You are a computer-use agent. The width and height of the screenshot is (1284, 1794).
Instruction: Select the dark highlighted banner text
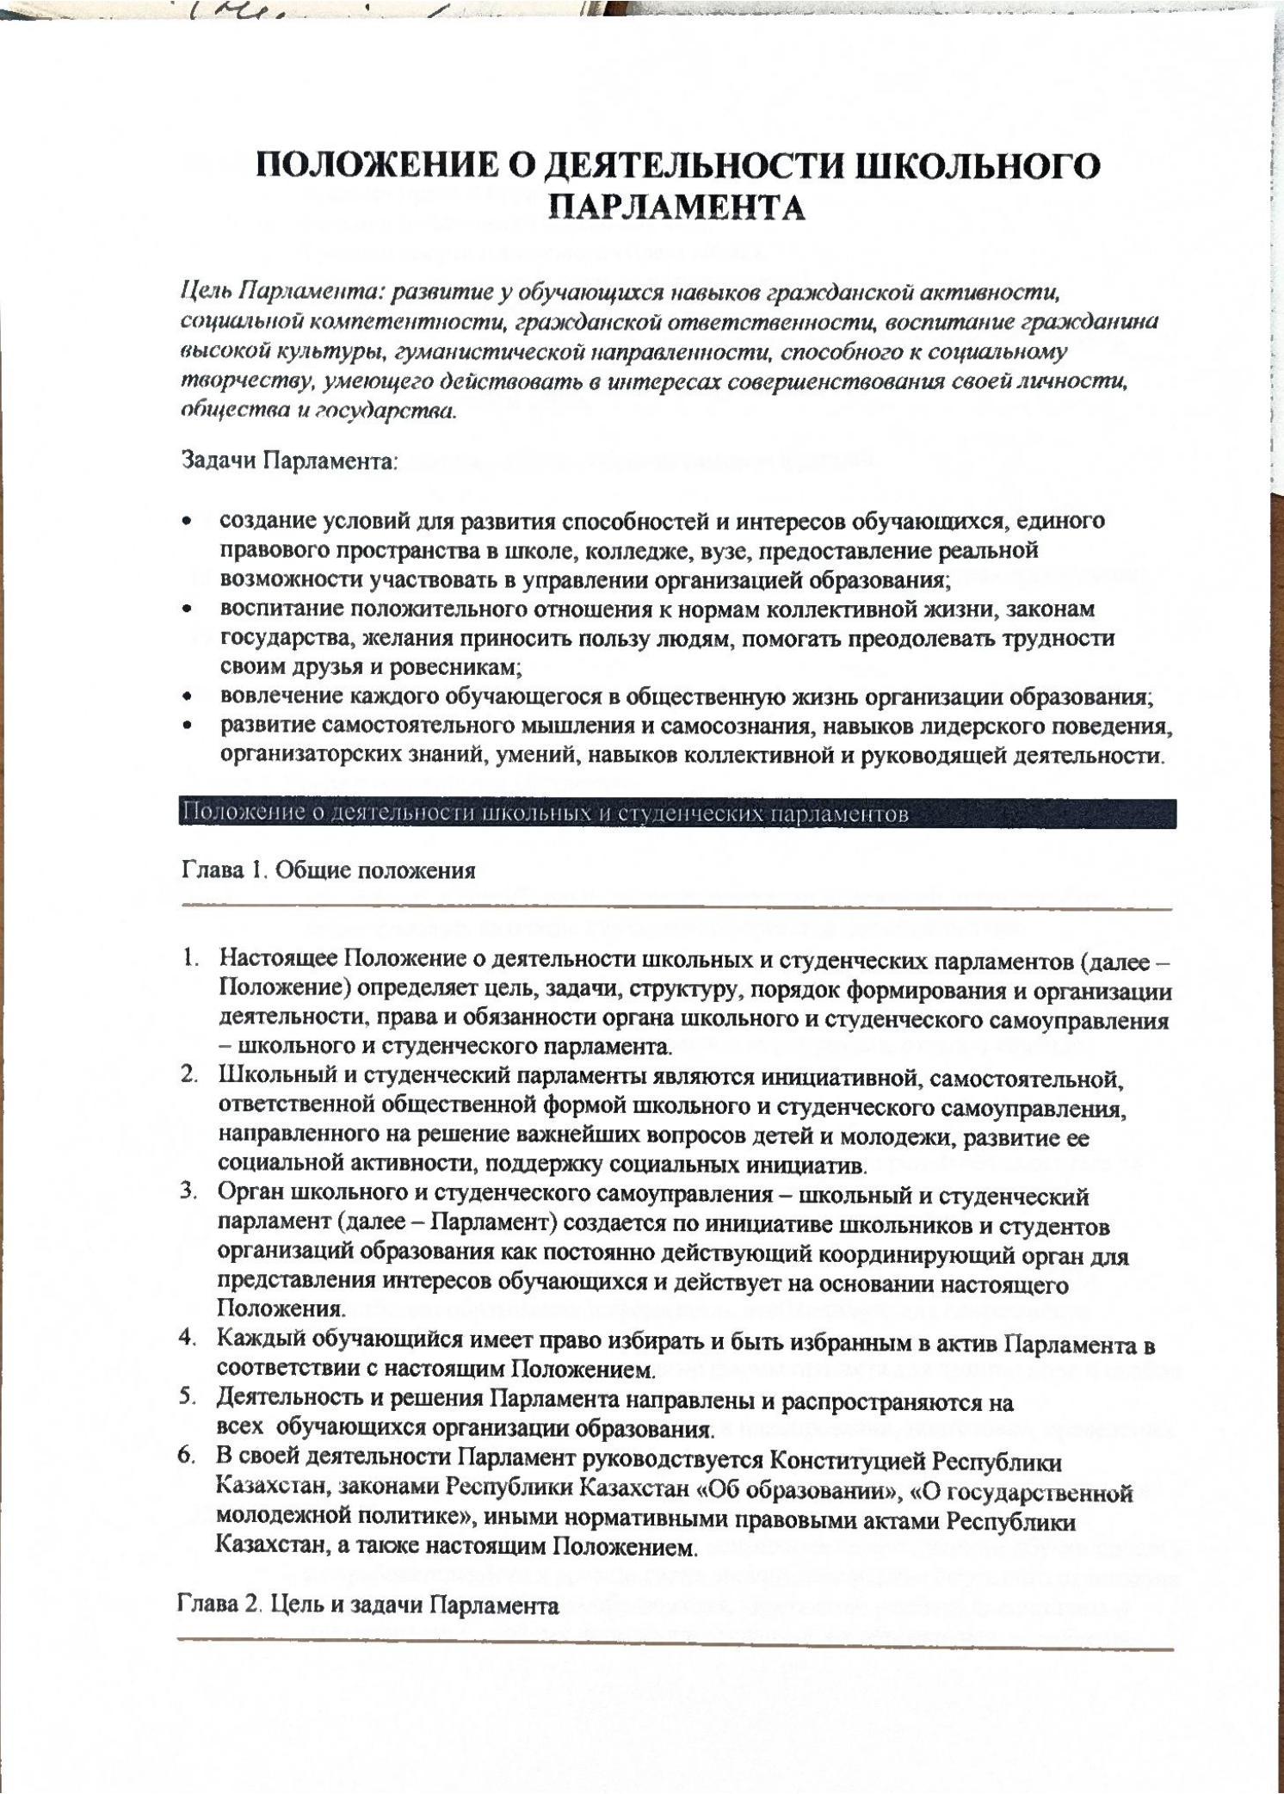(x=544, y=813)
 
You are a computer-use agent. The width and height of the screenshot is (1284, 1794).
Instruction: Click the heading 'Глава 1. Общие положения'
(x=328, y=870)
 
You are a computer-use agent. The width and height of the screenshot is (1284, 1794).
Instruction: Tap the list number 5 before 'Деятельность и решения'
(x=187, y=1399)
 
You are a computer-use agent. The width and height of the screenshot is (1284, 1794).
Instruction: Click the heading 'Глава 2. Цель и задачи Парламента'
(x=368, y=1606)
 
